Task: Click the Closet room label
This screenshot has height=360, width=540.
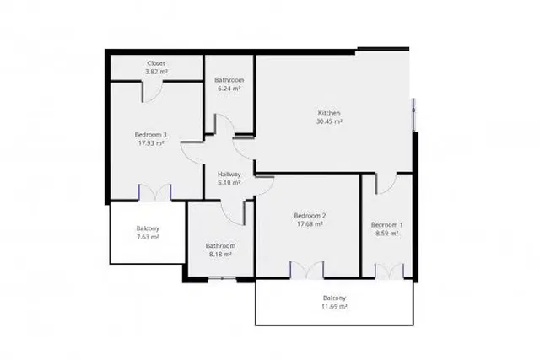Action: click(x=156, y=63)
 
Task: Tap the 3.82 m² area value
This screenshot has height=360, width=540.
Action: click(x=156, y=72)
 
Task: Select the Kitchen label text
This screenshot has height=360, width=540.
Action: click(x=328, y=113)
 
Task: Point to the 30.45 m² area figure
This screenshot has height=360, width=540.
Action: click(x=328, y=121)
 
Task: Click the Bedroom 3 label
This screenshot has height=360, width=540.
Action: click(x=150, y=135)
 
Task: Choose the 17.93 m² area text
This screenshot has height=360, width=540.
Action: click(x=150, y=143)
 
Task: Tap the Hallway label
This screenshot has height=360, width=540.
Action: click(x=229, y=174)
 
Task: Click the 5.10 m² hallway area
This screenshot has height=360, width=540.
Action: click(x=229, y=182)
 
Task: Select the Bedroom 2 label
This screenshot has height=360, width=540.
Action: click(x=310, y=216)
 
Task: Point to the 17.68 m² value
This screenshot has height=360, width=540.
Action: click(x=310, y=224)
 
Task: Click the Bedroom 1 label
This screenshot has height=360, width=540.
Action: click(x=386, y=224)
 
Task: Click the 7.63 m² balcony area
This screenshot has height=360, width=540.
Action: click(x=148, y=238)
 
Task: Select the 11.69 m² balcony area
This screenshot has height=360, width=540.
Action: click(x=334, y=307)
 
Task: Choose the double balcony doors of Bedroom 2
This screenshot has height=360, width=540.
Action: click(x=307, y=270)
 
